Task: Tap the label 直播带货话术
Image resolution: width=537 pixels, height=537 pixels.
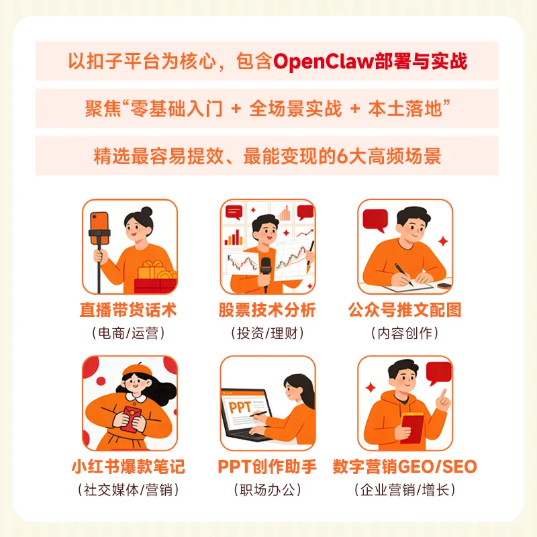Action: click(x=130, y=311)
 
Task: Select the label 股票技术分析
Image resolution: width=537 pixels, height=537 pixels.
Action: click(x=267, y=311)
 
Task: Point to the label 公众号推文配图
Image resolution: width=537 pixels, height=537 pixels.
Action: click(x=405, y=311)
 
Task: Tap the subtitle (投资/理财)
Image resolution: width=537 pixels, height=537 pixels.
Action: click(x=267, y=333)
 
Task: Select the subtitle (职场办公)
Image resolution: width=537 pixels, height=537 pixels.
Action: click(x=267, y=489)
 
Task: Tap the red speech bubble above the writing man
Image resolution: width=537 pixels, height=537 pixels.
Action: click(x=375, y=219)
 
